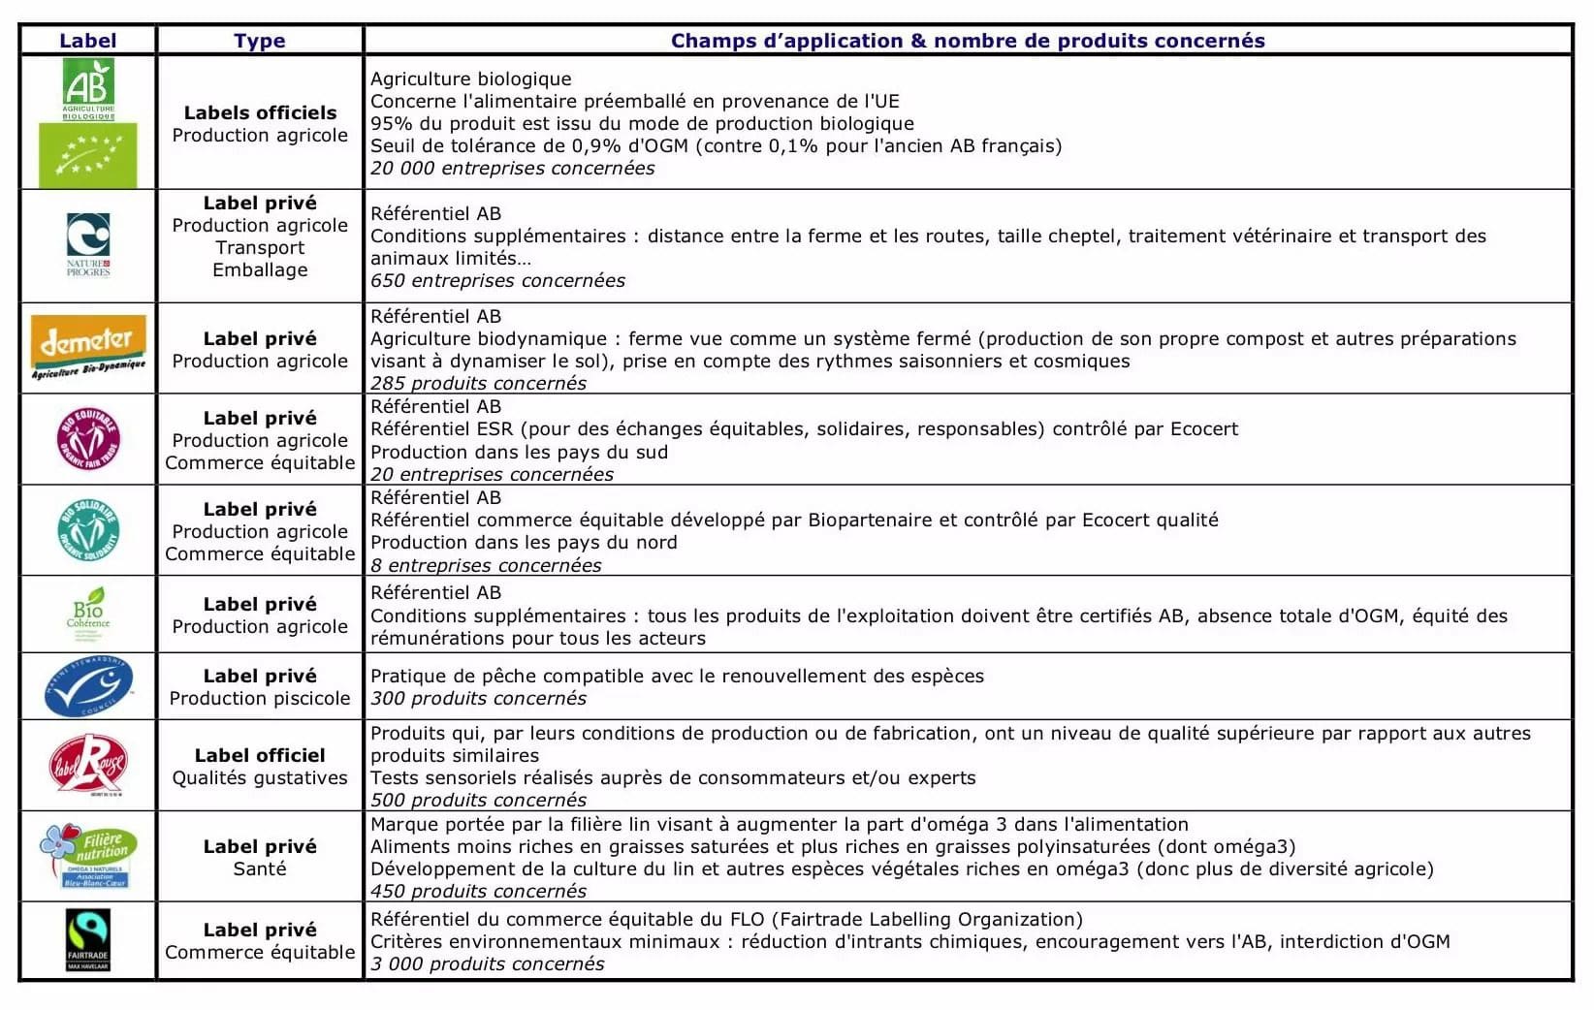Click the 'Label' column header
pyautogui.click(x=87, y=41)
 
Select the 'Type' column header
pyautogui.click(x=259, y=41)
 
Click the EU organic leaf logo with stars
pyautogui.click(x=88, y=155)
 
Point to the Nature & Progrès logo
pyautogui.click(x=88, y=244)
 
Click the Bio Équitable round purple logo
pyautogui.click(x=88, y=438)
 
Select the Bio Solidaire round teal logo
pyautogui.click(x=88, y=529)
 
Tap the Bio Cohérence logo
pyautogui.click(x=88, y=613)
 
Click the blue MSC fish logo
pyautogui.click(x=88, y=685)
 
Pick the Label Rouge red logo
pyautogui.click(x=88, y=765)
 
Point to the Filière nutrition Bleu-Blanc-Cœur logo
pyautogui.click(x=88, y=855)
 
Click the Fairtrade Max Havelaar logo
pyautogui.click(x=88, y=939)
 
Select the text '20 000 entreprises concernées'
pyautogui.click(x=512, y=169)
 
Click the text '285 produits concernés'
pyautogui.click(x=478, y=383)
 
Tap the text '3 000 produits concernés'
pyautogui.click(x=487, y=964)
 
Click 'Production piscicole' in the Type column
pyautogui.click(x=260, y=699)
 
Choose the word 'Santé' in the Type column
pyautogui.click(x=260, y=869)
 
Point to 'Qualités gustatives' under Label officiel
pyautogui.click(x=260, y=778)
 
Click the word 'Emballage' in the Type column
pyautogui.click(x=260, y=270)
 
